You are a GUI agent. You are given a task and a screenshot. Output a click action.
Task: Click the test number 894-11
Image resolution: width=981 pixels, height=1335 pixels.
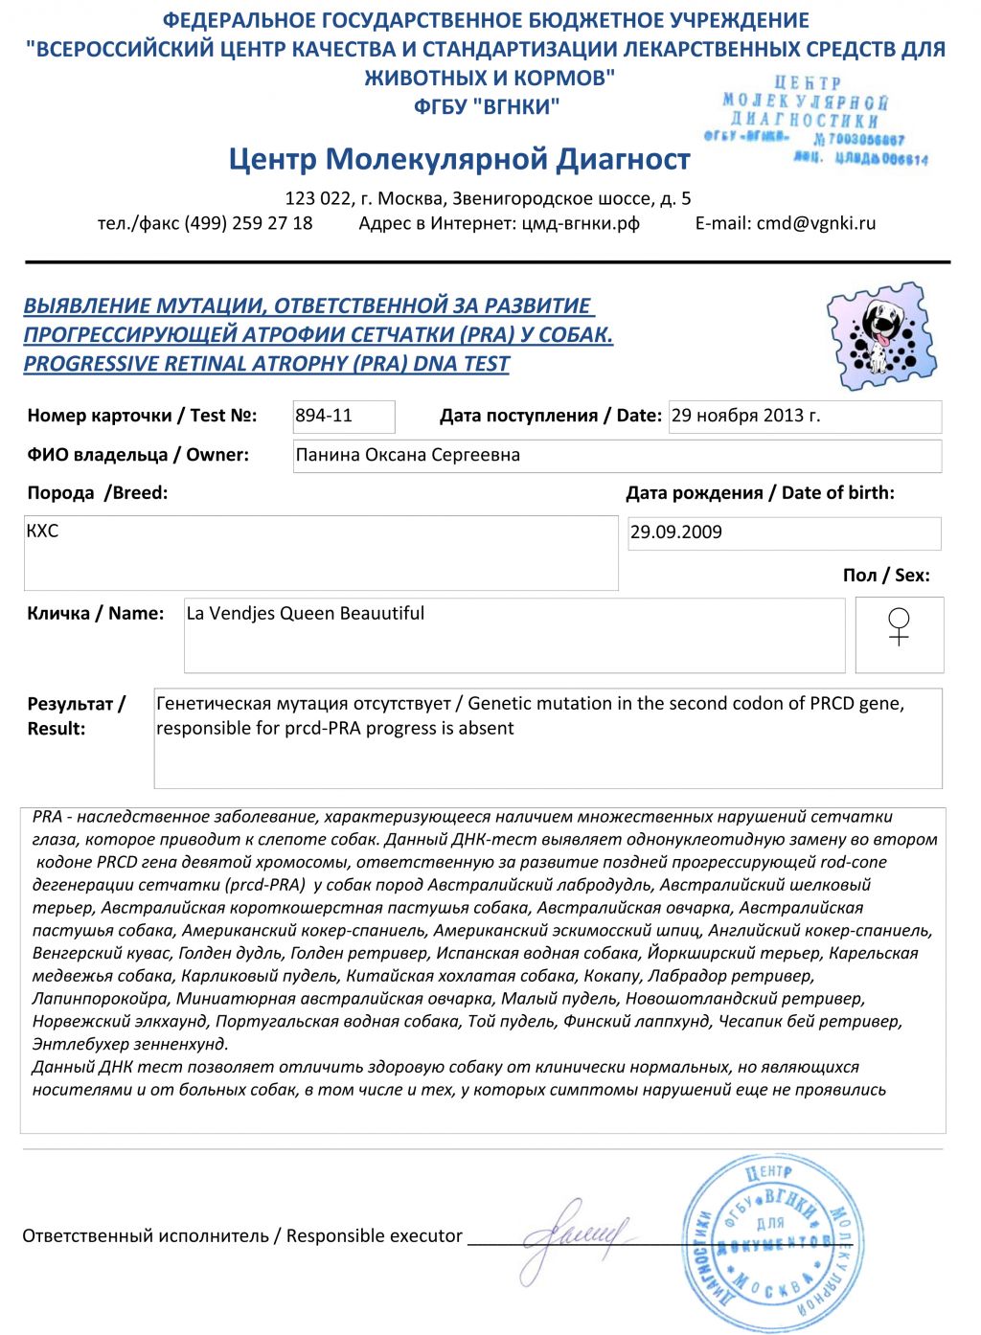[x=324, y=416]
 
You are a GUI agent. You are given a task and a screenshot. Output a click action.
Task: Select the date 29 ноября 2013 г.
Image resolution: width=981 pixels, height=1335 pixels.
[x=745, y=416]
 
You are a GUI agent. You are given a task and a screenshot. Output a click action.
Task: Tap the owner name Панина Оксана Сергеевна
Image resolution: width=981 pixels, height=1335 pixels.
[x=407, y=455]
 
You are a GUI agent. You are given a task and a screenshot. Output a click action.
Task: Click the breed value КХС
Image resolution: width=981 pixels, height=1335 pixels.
[x=42, y=531]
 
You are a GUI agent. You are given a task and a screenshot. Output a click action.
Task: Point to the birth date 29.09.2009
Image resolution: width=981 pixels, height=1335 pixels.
[x=676, y=532]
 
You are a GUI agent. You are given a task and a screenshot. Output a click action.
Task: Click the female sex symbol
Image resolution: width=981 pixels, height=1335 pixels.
[x=899, y=627]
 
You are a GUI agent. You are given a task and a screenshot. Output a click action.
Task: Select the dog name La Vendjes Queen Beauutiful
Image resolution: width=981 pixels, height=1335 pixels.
[x=305, y=613]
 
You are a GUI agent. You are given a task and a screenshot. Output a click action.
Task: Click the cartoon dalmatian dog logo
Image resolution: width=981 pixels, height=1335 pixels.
[x=880, y=335]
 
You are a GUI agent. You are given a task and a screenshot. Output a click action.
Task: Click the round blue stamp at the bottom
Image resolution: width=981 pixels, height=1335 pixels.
[x=774, y=1243]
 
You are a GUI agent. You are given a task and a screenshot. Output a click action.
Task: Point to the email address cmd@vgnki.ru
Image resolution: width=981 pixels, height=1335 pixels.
[x=815, y=223]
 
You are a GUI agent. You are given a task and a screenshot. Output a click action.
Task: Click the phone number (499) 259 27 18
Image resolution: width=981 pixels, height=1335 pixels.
[x=248, y=223]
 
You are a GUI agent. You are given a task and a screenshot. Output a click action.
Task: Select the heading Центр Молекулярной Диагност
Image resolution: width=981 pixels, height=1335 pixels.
[x=459, y=159]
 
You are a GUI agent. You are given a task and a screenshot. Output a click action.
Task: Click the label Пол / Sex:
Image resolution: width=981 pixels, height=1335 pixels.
[x=886, y=576]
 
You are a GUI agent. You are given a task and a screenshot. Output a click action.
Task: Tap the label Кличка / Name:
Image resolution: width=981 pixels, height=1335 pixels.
[x=95, y=613]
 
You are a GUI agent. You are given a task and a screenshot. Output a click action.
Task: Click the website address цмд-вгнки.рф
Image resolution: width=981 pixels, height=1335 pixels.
[x=580, y=223]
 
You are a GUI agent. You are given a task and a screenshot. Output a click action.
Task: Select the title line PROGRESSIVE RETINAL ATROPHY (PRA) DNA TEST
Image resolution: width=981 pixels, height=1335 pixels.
[x=266, y=364]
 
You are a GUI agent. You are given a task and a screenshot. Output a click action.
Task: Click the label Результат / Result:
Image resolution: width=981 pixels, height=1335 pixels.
[x=76, y=715]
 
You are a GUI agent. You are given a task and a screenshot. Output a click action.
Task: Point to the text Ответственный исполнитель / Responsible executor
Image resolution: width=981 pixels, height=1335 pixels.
[x=242, y=1235]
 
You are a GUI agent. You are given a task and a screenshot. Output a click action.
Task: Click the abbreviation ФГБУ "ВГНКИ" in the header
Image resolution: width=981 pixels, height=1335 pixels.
[x=487, y=106]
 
